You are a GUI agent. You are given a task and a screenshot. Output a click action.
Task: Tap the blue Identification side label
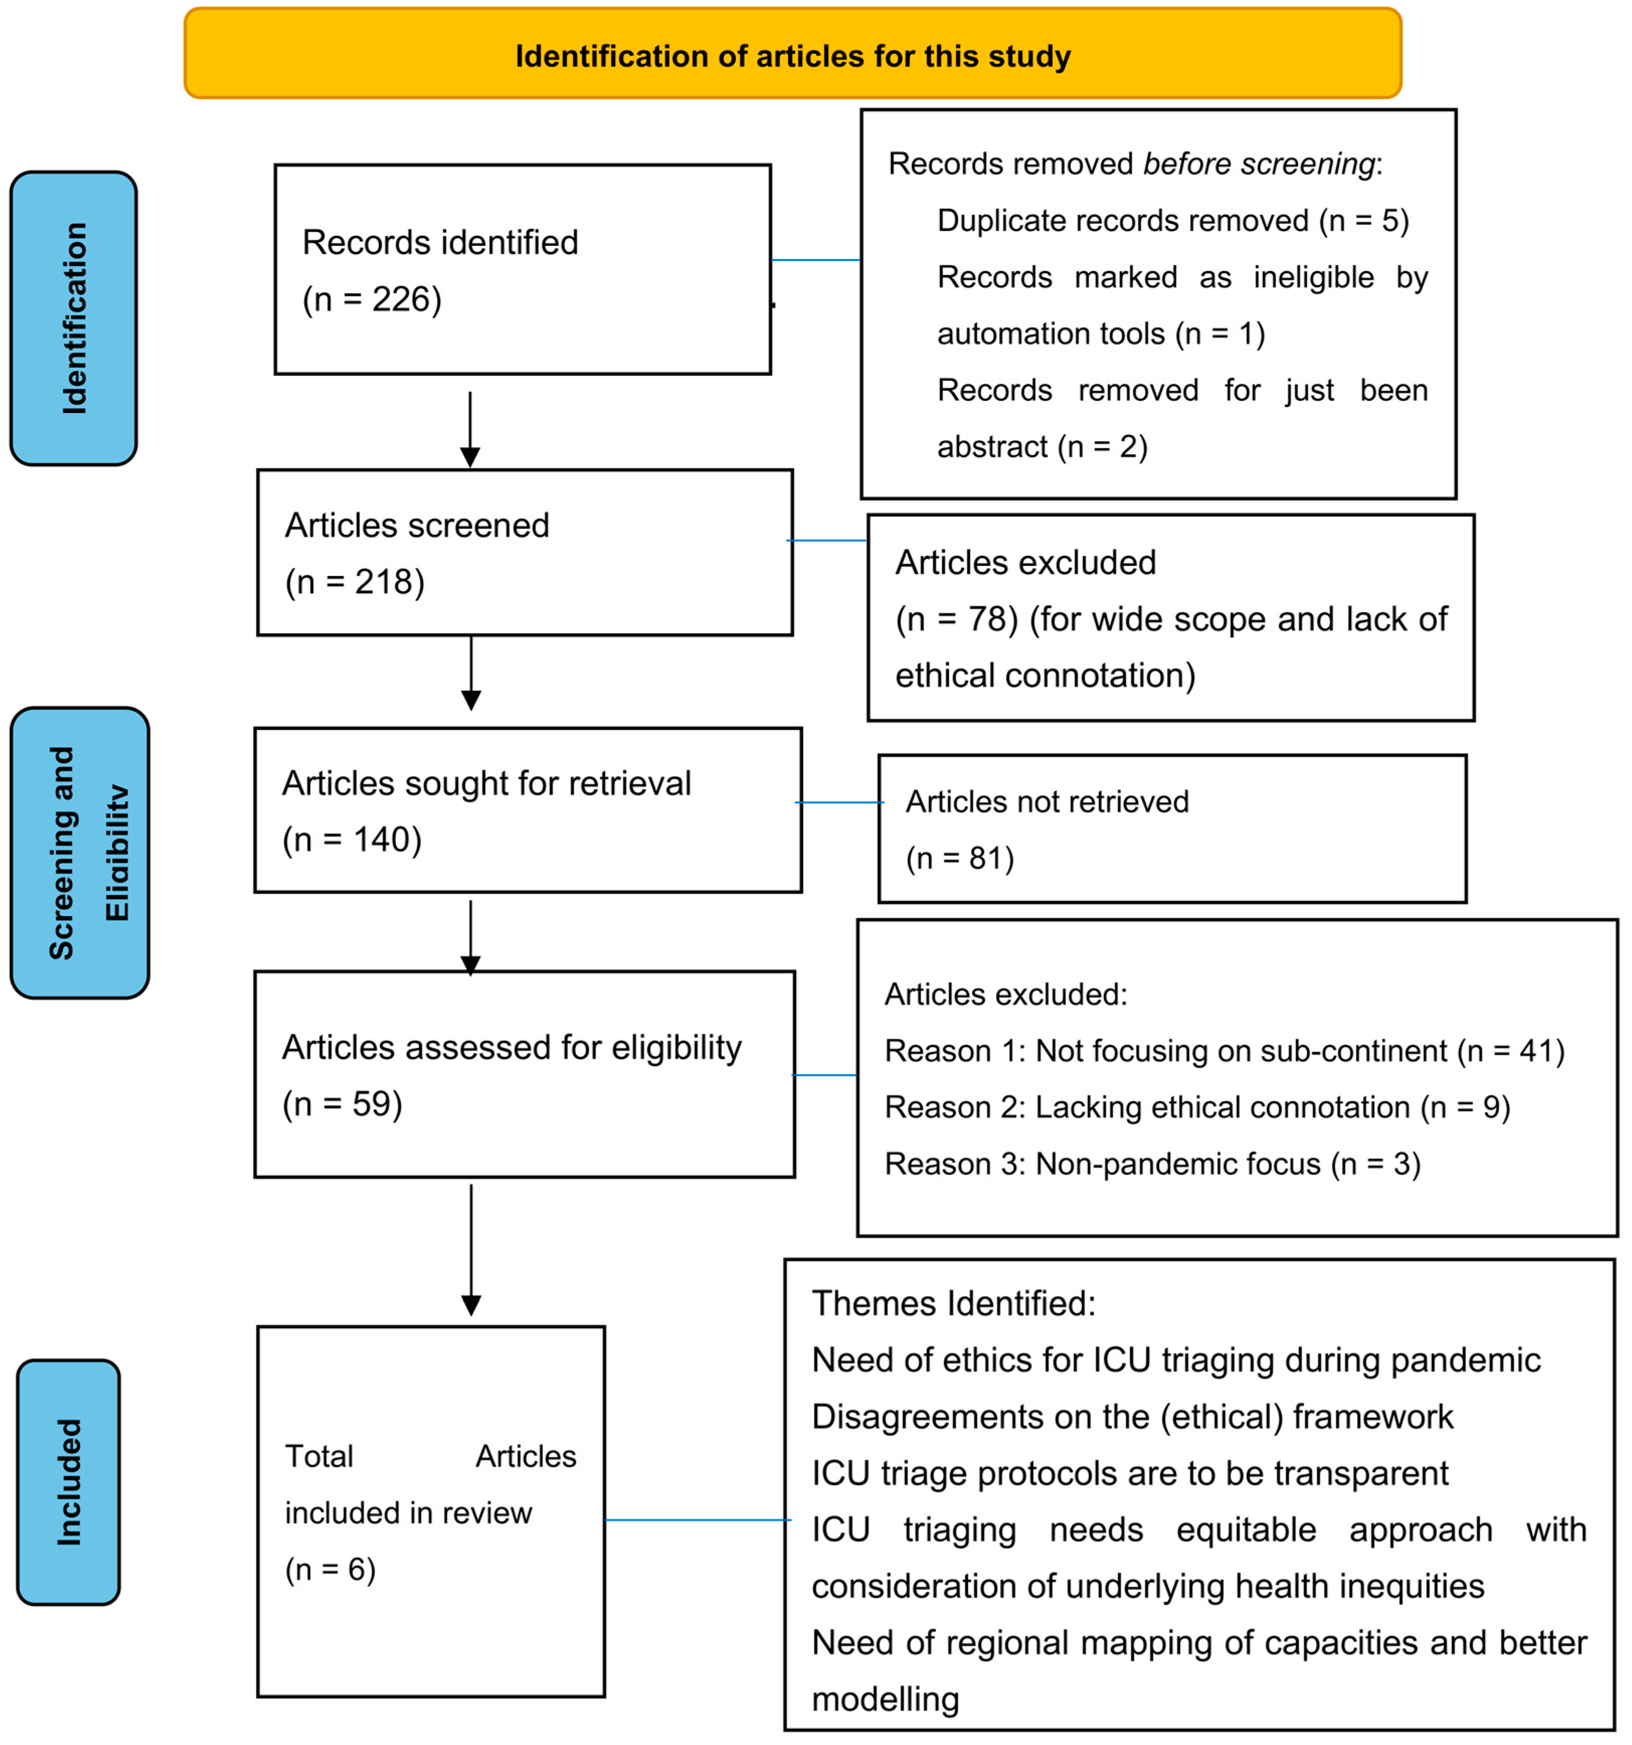(x=74, y=318)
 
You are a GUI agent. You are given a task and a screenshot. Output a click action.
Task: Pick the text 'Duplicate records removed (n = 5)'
(x=1172, y=220)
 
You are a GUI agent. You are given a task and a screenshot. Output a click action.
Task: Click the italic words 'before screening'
(x=1258, y=164)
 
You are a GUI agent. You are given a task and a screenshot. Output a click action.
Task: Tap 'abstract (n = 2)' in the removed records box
(x=1042, y=447)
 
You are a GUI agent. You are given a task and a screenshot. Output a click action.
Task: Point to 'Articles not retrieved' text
(x=1047, y=801)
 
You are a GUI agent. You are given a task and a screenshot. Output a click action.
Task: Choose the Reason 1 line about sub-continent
(x=1224, y=1051)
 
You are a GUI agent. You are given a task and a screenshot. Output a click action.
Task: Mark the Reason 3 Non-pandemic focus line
(x=1152, y=1164)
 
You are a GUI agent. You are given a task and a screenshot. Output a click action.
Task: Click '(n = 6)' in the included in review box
(x=330, y=1569)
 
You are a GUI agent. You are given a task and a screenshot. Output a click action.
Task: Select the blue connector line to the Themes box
(x=697, y=1520)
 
